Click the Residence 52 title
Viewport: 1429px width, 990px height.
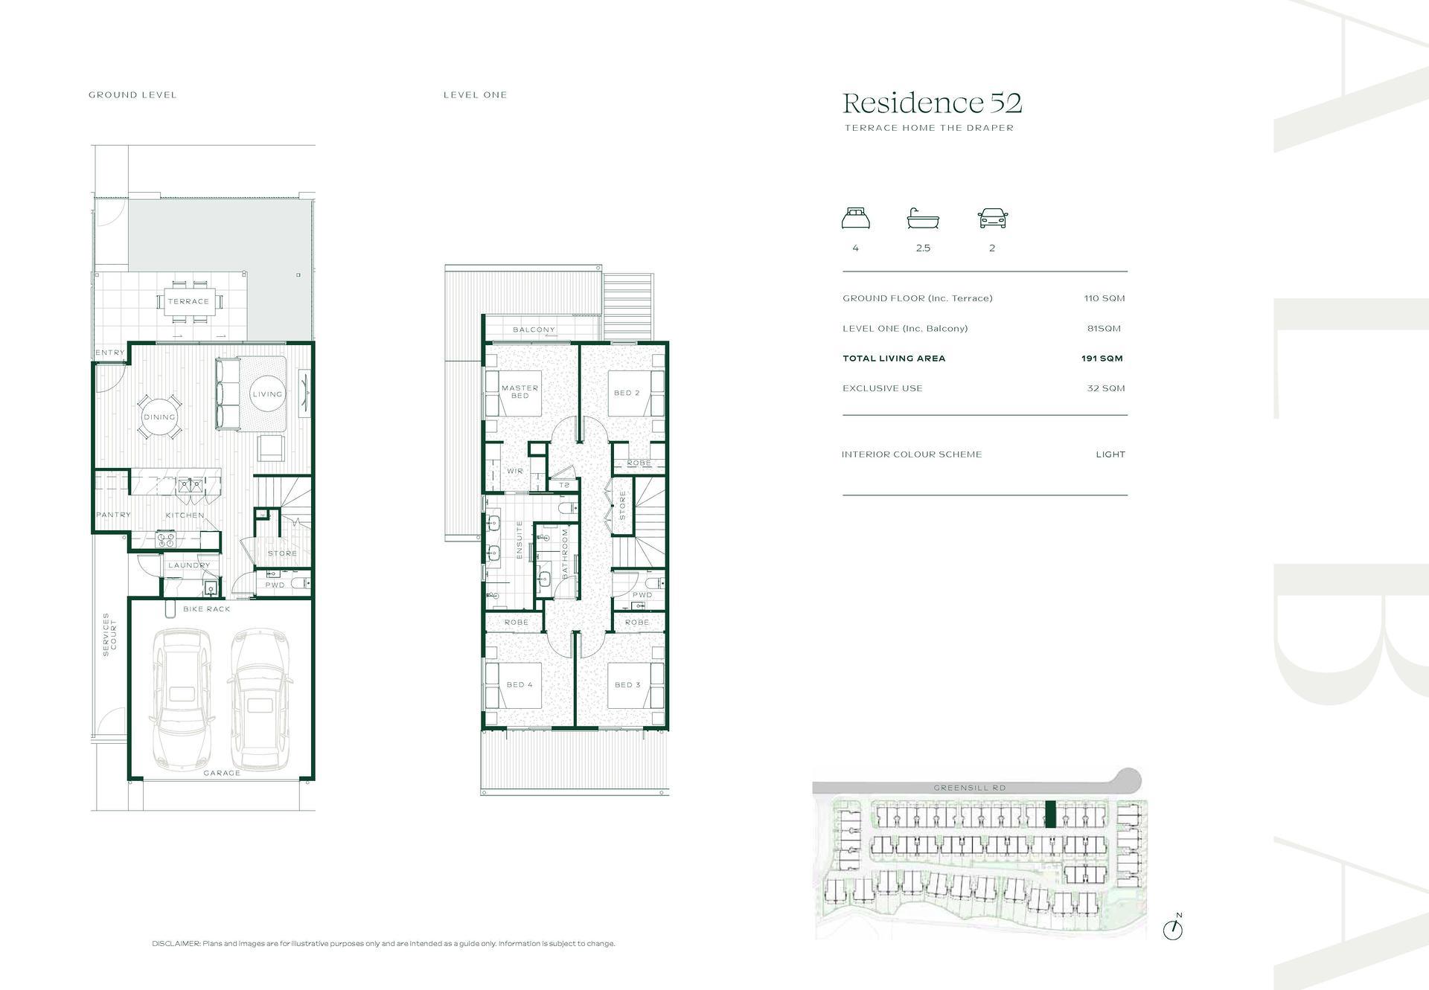tap(932, 103)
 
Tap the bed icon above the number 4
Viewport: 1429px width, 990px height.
tap(856, 219)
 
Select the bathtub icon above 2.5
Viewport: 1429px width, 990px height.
tap(923, 219)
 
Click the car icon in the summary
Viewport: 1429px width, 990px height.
tap(993, 219)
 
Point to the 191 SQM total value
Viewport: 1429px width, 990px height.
tap(1102, 359)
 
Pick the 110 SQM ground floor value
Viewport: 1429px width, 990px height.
tap(1104, 298)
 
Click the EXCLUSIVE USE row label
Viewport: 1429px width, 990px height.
tap(882, 388)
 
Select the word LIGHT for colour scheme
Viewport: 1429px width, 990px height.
tap(1110, 454)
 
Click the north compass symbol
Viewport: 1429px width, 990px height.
tap(1173, 928)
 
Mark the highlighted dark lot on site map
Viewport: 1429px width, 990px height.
tap(1050, 814)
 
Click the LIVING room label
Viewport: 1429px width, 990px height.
tap(267, 394)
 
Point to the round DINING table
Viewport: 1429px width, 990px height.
tap(159, 417)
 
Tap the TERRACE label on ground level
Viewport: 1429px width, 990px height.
tap(188, 301)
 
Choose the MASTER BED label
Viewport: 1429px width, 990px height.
tap(520, 391)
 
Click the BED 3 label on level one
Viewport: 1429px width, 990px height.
tap(627, 685)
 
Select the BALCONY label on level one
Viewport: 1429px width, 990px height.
tap(534, 330)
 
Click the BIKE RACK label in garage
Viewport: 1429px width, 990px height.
tap(207, 609)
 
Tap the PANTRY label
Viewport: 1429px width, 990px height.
tap(113, 515)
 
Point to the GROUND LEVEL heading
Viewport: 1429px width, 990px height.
tap(132, 95)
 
